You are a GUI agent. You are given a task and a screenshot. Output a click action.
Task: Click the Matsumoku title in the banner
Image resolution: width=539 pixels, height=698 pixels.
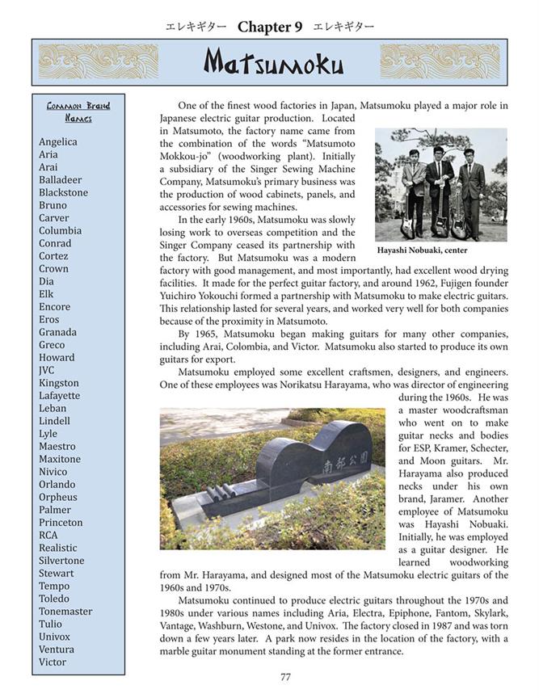click(273, 63)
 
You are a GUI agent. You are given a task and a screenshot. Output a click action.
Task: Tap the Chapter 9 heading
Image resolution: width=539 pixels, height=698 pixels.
click(270, 27)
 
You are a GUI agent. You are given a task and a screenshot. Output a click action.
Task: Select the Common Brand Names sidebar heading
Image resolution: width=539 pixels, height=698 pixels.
click(78, 111)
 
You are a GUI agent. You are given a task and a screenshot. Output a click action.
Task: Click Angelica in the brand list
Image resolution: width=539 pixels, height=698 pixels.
click(58, 142)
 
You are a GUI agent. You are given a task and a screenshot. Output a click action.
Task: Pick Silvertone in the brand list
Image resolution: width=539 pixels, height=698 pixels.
click(61, 561)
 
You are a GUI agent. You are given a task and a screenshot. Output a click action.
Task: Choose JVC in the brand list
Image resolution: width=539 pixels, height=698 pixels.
click(47, 370)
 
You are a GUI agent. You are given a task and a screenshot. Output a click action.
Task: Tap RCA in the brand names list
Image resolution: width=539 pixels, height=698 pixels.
click(48, 535)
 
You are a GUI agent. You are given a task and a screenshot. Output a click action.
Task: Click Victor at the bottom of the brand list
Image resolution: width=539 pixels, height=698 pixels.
click(53, 662)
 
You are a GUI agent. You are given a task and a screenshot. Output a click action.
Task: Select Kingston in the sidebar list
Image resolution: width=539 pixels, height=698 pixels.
click(59, 383)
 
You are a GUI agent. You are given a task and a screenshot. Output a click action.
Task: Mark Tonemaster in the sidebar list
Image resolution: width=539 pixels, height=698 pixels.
click(65, 612)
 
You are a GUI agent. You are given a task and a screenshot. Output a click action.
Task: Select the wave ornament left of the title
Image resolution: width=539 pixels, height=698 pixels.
click(99, 61)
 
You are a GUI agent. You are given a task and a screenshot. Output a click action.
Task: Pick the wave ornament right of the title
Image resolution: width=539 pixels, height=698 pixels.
click(440, 61)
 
